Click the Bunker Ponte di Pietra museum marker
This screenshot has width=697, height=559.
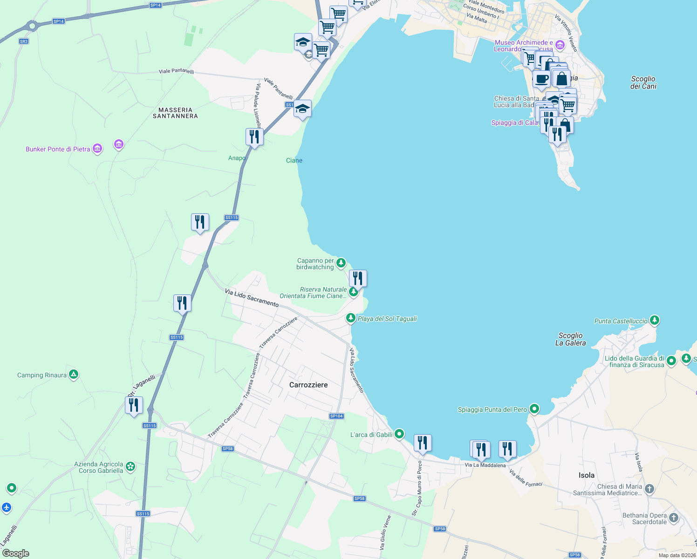point(97,149)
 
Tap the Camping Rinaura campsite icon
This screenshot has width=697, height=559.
point(74,375)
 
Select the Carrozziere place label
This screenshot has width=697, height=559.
point(308,385)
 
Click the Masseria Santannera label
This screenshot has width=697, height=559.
point(175,113)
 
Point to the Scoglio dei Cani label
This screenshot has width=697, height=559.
point(643,82)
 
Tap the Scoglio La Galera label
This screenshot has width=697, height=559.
point(570,339)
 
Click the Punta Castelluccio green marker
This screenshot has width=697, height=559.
point(655,320)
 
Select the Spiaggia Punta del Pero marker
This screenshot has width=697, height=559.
point(534,409)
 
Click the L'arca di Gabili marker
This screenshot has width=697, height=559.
point(399,434)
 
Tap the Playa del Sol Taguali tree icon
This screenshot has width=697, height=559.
point(350,318)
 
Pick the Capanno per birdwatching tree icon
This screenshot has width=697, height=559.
point(341,263)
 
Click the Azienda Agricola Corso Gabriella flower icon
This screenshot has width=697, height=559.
point(130,466)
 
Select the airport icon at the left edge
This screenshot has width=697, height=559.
point(6,507)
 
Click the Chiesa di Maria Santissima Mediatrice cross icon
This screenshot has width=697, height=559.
point(649,489)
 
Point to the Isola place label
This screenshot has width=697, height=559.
point(586,475)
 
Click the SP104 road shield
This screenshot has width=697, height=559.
point(336,416)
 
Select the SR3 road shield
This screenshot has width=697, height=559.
point(24,41)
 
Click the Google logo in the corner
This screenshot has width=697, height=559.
point(16,553)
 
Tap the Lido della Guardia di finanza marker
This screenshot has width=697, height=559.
point(671,361)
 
